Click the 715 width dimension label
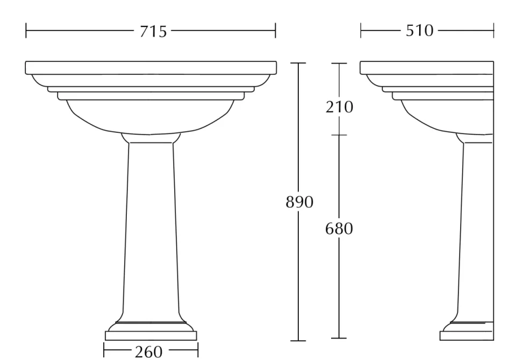[153, 31]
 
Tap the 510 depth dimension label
[420, 31]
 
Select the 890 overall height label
[299, 202]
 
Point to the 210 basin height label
[339, 107]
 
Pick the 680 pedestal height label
[339, 228]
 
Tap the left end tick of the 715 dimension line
[26, 31]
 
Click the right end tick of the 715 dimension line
[275, 31]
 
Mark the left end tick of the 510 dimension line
[361, 31]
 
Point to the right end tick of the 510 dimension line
[493, 31]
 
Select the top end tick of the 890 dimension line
[298, 63]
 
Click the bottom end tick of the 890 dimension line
[298, 341]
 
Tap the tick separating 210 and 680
[339, 134]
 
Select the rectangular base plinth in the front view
[151, 336]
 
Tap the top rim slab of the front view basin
[151, 68]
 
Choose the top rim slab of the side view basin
[427, 68]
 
